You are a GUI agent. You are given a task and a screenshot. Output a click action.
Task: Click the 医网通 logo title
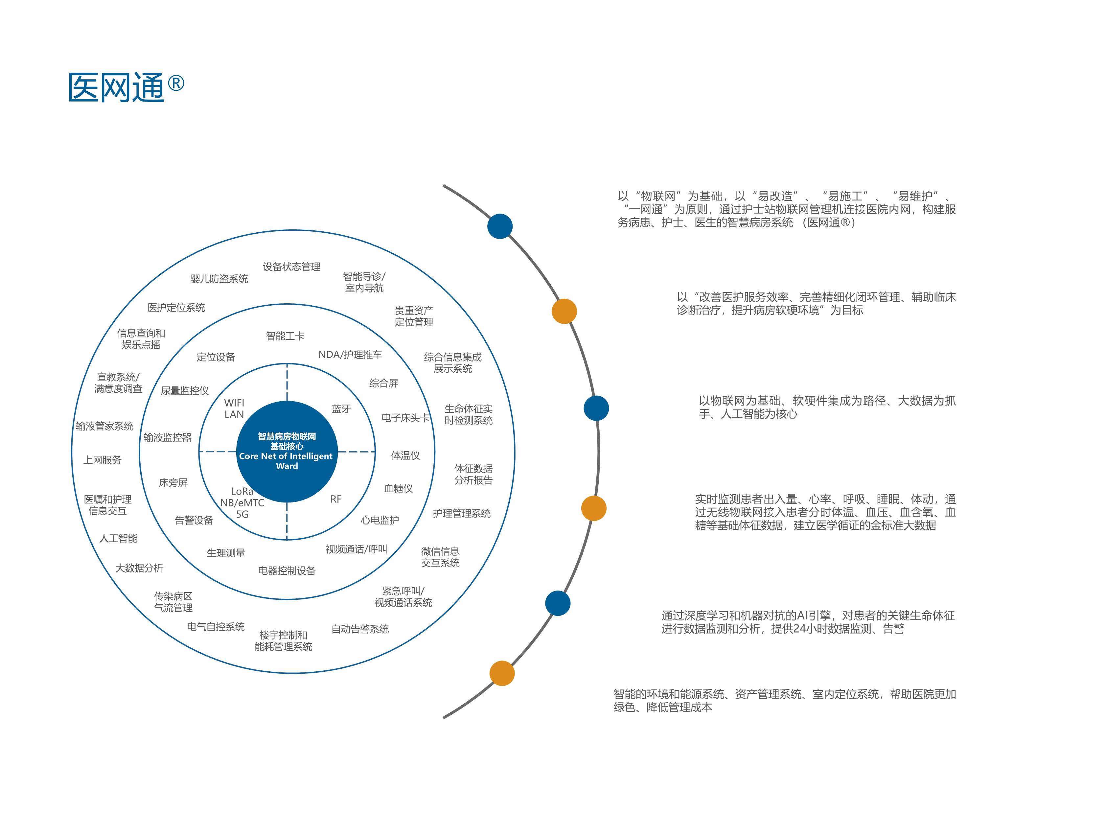click(116, 87)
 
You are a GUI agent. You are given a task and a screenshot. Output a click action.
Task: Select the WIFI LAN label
click(234, 408)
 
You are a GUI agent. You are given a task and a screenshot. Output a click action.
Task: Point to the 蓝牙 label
click(341, 408)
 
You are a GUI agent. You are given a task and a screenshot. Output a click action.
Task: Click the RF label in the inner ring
click(335, 499)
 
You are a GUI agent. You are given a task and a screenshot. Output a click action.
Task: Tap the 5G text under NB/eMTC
click(242, 514)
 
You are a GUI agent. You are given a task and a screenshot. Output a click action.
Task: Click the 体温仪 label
click(405, 455)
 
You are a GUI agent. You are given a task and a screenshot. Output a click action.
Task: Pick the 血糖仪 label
click(398, 488)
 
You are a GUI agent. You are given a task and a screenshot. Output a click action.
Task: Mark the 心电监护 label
click(380, 520)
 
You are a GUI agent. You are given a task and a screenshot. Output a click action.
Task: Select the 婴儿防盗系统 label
click(219, 279)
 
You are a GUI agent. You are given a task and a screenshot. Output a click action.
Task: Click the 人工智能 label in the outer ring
click(118, 538)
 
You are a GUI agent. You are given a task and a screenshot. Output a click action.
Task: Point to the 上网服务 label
click(102, 460)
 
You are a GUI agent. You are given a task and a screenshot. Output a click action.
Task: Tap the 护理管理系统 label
click(461, 513)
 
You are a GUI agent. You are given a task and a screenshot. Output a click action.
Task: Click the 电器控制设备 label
click(287, 571)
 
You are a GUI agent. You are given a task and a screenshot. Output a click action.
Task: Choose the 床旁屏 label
click(173, 482)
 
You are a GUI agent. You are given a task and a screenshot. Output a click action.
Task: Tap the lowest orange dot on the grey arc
click(502, 673)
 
